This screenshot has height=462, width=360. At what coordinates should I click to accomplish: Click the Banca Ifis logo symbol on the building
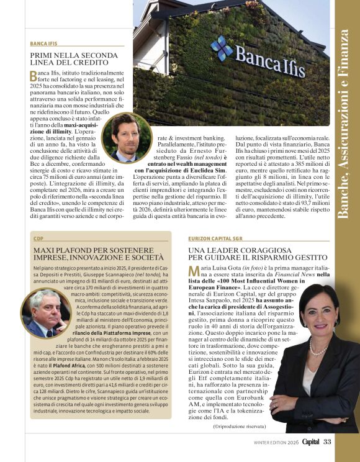222,48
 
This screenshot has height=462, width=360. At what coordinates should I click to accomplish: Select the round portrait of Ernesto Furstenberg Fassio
127,137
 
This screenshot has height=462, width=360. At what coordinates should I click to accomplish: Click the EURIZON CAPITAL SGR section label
215,238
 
